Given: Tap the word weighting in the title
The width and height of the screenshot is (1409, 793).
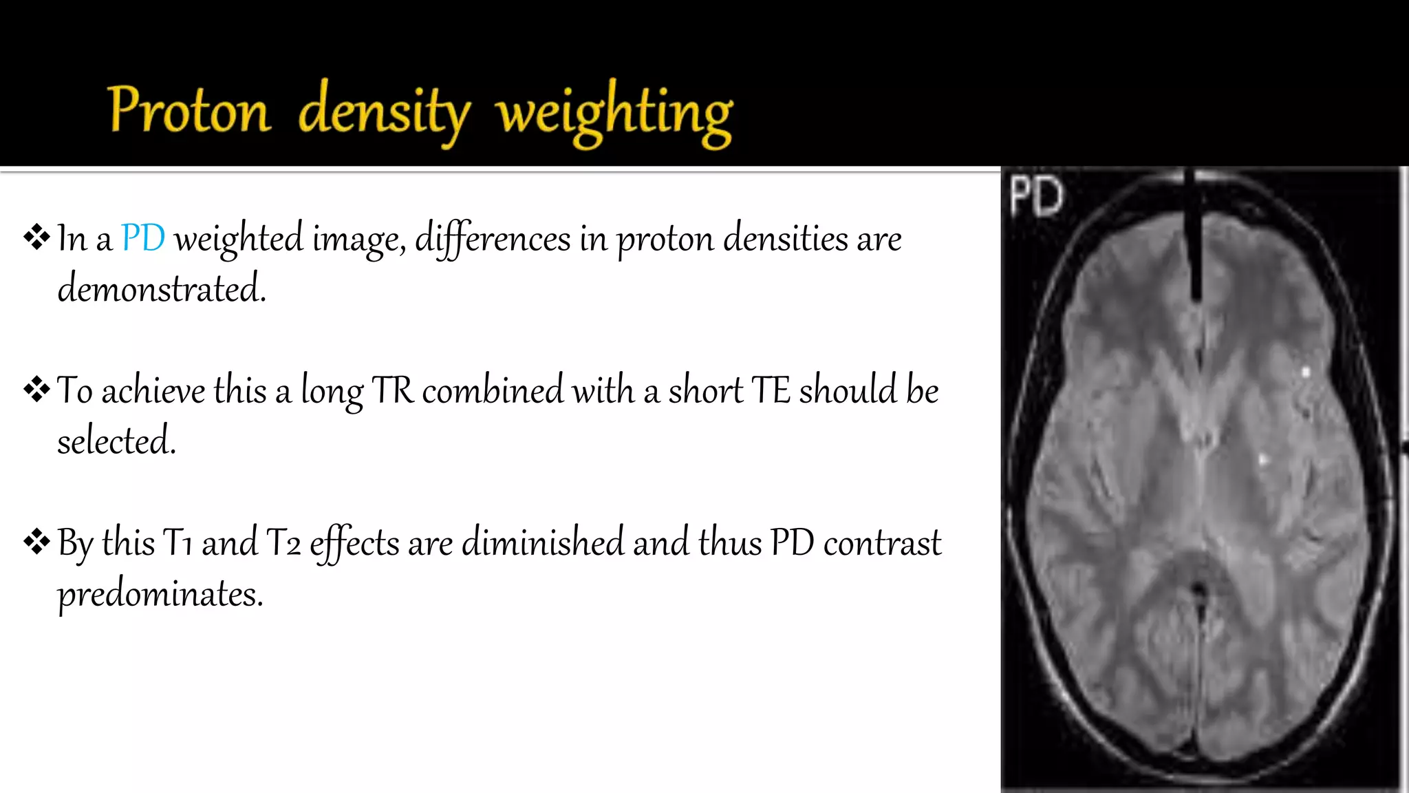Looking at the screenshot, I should click(x=614, y=114).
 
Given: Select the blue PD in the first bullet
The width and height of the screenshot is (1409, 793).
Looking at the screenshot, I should click(x=143, y=239).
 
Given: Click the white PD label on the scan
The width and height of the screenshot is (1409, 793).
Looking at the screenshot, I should click(x=1036, y=196).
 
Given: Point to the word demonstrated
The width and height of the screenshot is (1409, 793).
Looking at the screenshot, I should click(x=162, y=288).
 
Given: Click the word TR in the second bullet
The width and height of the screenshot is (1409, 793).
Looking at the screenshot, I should click(x=393, y=391).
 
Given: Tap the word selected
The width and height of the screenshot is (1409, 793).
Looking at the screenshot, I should click(x=116, y=441).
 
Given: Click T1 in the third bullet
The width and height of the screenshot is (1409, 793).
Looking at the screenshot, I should click(x=178, y=543).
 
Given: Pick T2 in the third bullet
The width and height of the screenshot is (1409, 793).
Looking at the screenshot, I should click(x=283, y=543).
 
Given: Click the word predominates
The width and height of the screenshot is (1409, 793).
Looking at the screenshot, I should click(x=160, y=594).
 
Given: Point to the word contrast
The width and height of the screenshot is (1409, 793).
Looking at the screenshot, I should click(x=882, y=543).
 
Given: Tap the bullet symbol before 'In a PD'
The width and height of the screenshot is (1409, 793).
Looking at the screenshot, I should click(x=36, y=237).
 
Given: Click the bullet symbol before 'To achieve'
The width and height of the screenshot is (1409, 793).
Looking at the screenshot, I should click(x=36, y=390).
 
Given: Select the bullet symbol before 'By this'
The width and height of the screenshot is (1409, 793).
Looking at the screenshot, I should click(x=36, y=542).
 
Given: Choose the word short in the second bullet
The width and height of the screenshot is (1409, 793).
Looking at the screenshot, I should click(x=705, y=390).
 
